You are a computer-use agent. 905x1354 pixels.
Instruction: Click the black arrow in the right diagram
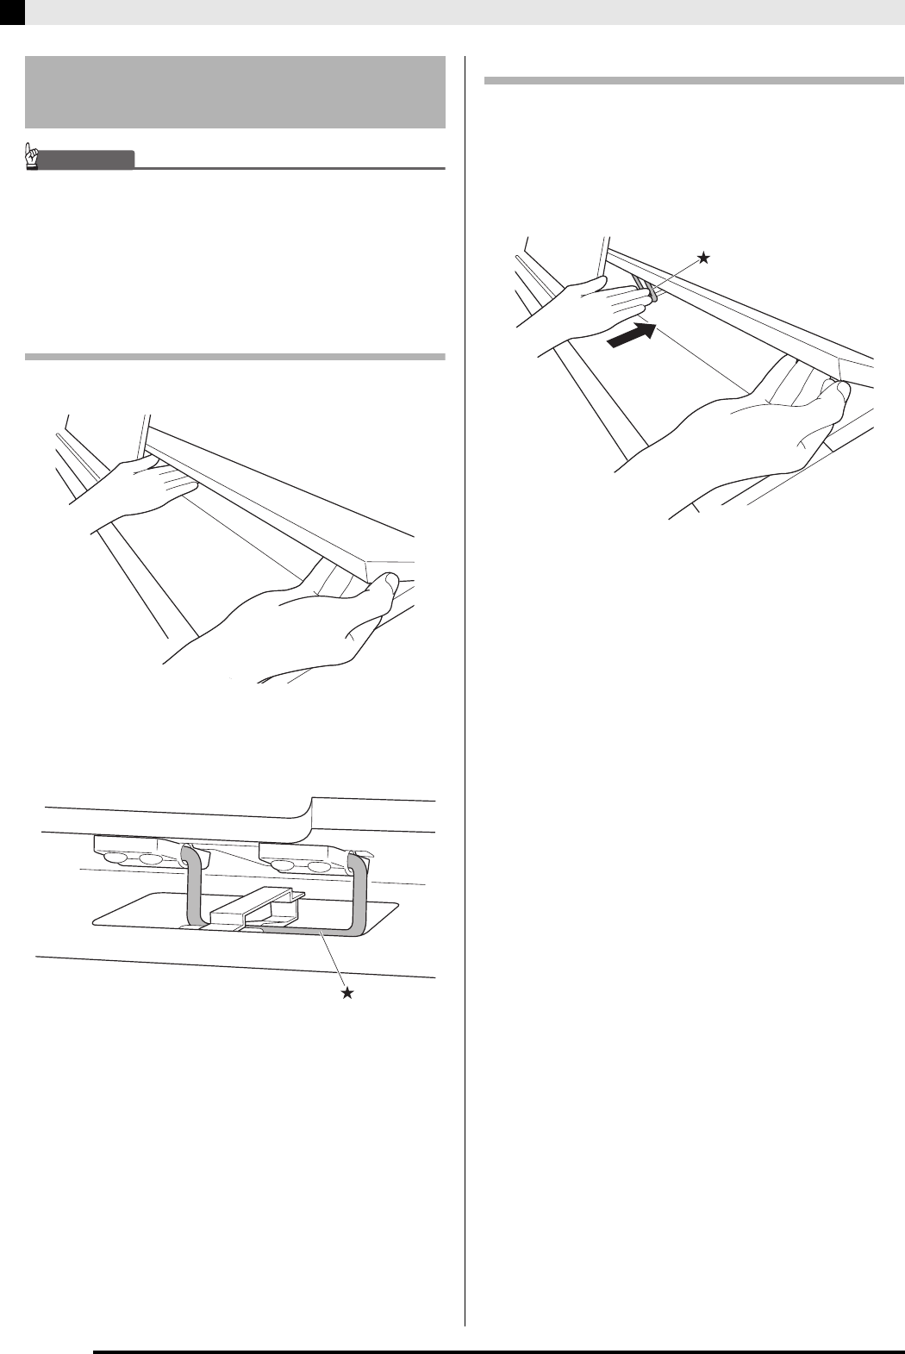[632, 334]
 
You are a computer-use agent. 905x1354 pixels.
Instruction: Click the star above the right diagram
[704, 258]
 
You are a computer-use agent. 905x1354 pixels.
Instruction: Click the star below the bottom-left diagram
[347, 994]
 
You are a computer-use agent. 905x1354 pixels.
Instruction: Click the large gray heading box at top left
[235, 92]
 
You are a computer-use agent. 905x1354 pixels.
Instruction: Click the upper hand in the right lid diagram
[586, 306]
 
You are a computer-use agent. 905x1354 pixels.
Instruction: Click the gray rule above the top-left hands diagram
[235, 356]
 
